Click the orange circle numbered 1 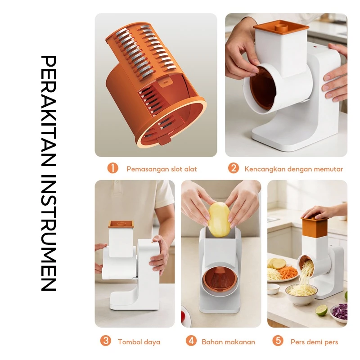click(x=112, y=168)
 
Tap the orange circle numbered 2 click(x=234, y=168)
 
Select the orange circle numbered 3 click(x=106, y=341)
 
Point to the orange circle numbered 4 click(x=191, y=341)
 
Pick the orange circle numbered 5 click(x=278, y=341)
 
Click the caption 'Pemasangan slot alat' click(x=162, y=169)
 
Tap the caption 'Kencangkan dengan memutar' click(x=294, y=169)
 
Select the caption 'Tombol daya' click(x=139, y=342)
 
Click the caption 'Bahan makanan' click(x=229, y=342)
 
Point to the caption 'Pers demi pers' click(x=314, y=342)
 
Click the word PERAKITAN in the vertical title click(x=49, y=111)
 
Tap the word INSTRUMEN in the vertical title click(x=49, y=233)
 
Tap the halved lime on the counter click(x=321, y=310)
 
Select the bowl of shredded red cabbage click(x=339, y=313)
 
